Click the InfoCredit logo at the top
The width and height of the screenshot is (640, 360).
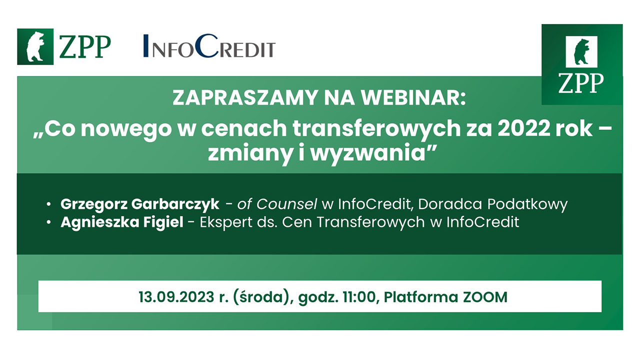pyautogui.click(x=209, y=46)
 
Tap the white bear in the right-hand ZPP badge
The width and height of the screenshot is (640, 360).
pyautogui.click(x=581, y=52)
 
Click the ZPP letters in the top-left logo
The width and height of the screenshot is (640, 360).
pyautogui.click(x=85, y=47)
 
